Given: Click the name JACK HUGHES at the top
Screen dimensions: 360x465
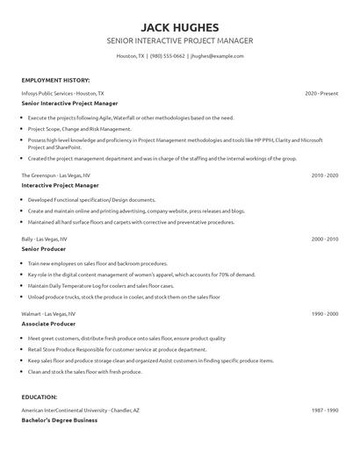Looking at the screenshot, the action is (x=179, y=26).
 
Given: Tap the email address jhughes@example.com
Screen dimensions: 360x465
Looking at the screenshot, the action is (x=217, y=55).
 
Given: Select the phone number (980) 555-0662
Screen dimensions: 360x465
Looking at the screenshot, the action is (x=168, y=55).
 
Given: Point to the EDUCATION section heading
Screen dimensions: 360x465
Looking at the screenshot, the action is (x=40, y=397).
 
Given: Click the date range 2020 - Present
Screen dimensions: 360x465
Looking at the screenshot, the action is (x=321, y=92).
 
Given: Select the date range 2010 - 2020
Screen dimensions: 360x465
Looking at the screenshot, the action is (x=325, y=175).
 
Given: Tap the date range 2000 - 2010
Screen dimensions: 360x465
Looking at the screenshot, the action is (x=325, y=239).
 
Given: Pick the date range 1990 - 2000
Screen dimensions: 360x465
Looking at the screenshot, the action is (x=325, y=313).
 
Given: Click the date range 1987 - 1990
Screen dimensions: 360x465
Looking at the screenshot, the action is (x=325, y=410).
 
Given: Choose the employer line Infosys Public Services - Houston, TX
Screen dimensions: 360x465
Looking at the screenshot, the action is (x=62, y=92).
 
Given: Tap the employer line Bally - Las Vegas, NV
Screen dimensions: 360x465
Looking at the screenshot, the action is (x=48, y=239).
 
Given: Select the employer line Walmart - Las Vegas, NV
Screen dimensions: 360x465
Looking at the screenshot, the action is (x=52, y=313).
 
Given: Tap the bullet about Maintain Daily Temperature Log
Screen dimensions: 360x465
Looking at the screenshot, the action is (x=98, y=285).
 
